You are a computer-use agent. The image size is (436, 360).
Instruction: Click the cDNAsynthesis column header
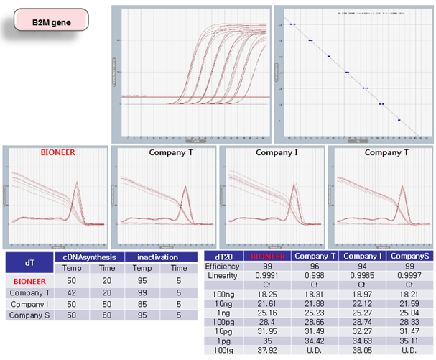89,257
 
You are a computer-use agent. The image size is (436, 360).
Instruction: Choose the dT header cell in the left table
28,262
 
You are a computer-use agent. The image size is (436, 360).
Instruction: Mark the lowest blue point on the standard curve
399,120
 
